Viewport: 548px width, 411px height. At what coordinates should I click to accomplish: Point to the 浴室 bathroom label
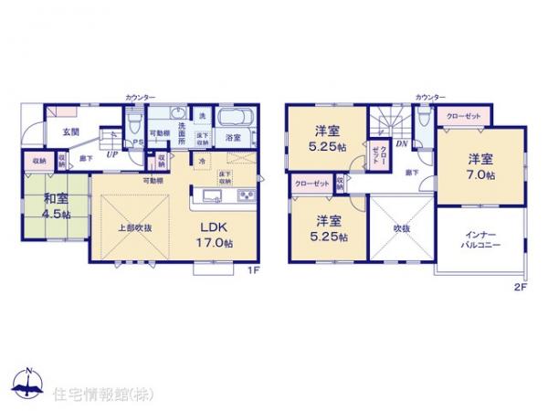pyautogui.click(x=233, y=138)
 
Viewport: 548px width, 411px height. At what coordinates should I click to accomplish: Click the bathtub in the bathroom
pyautogui.click(x=234, y=119)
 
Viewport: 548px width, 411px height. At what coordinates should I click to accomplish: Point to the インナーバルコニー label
pyautogui.click(x=480, y=240)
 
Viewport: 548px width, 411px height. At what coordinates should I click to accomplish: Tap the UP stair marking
pyautogui.click(x=111, y=154)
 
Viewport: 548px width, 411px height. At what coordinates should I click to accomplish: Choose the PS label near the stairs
pyautogui.click(x=138, y=143)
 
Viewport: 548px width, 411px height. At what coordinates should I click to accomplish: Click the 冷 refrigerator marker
pyautogui.click(x=201, y=162)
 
